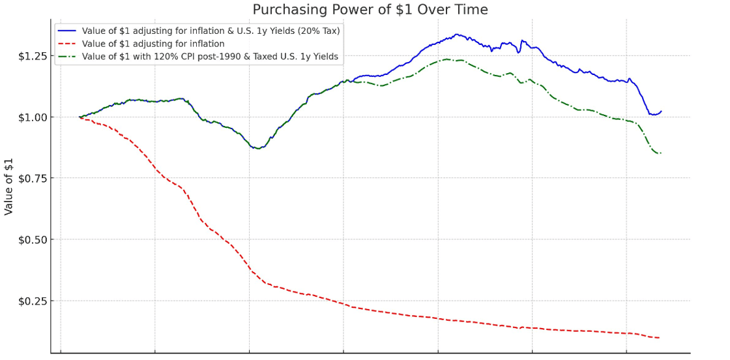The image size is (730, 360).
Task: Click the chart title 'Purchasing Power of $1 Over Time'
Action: pos(370,10)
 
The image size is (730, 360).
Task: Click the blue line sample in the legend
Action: pos(67,31)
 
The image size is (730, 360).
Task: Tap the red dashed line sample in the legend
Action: pos(67,44)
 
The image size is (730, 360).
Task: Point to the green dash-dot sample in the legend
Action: pos(67,57)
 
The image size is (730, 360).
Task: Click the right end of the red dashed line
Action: pos(659,338)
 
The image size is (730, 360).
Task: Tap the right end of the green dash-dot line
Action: pos(660,153)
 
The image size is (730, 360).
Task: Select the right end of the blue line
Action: pos(661,112)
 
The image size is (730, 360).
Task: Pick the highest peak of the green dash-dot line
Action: pos(446,59)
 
